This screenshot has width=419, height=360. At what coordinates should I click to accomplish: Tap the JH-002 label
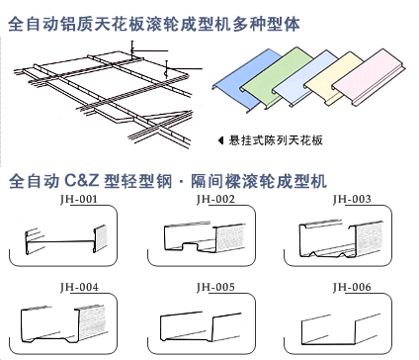[215, 198]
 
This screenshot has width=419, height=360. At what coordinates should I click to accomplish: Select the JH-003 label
[352, 198]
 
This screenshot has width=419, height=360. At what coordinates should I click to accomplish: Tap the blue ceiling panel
[245, 81]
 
